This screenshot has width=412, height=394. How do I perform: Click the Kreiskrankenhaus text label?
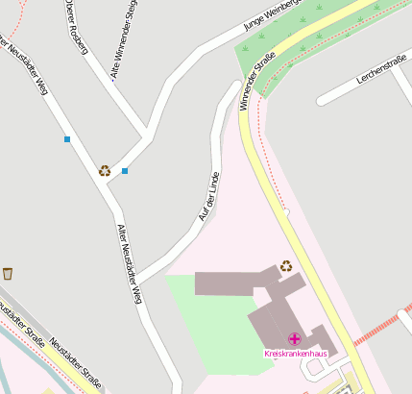click(x=296, y=354)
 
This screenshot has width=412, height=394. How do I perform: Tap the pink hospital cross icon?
click(x=294, y=339)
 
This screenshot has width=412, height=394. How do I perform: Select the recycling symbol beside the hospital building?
click(x=285, y=266)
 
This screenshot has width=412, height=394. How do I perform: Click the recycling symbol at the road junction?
click(x=104, y=171)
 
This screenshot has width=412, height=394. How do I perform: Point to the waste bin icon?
click(x=8, y=274)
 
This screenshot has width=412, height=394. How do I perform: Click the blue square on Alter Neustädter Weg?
click(x=67, y=139)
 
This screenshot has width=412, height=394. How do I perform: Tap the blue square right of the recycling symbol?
click(x=125, y=171)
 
